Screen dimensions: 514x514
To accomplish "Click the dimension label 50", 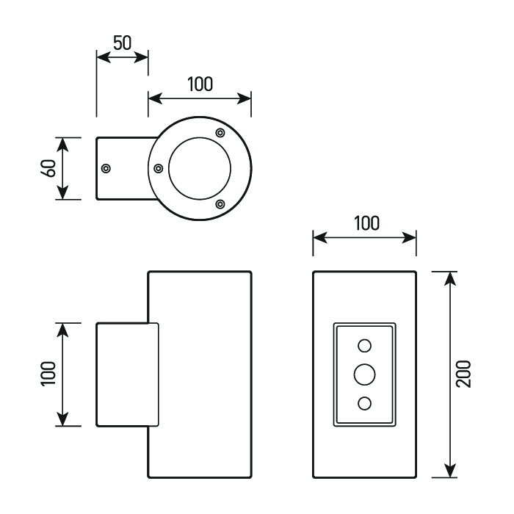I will [122, 42].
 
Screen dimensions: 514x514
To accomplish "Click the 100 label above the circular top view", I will [199, 84].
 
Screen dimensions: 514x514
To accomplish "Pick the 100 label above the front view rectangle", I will [365, 222].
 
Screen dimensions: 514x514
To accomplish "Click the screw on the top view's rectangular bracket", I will [106, 168].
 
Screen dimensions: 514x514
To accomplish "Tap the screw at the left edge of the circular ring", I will [159, 168].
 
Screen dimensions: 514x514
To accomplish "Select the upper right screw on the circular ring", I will [220, 132].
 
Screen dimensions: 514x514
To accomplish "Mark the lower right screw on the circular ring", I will [220, 204].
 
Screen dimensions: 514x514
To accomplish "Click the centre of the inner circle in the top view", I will [200, 168].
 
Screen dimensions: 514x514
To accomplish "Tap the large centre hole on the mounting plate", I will [364, 374].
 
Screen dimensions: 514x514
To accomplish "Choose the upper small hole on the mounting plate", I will [364, 345].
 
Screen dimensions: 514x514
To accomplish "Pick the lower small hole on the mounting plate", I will [364, 402].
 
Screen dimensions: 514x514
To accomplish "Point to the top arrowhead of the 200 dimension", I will [451, 278].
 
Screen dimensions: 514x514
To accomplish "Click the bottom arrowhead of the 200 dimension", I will [451, 471].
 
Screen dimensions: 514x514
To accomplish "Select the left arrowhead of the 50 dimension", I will [101, 57].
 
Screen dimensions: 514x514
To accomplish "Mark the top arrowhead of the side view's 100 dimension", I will [63, 328].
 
